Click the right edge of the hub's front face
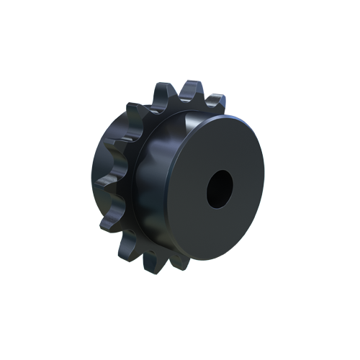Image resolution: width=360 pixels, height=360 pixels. tap(261, 184)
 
